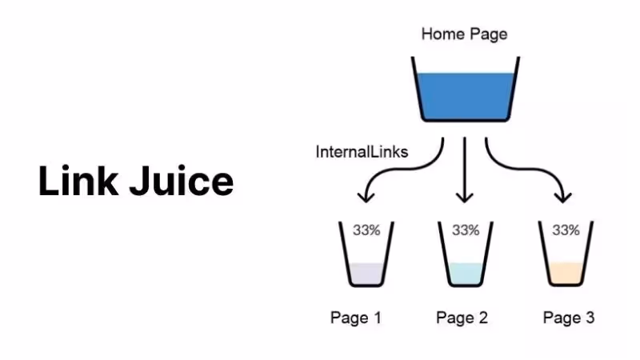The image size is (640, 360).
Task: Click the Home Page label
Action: point(464,34)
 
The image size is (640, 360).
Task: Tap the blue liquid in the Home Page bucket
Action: point(464,96)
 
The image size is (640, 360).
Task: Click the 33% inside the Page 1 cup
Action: point(366,230)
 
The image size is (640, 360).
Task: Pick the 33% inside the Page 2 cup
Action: point(466,230)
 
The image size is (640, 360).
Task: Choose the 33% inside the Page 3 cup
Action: point(566,230)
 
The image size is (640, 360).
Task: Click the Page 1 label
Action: point(356,318)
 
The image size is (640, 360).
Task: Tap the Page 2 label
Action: point(462,318)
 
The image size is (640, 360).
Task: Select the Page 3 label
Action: point(569,318)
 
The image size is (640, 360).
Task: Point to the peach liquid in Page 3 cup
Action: point(566,274)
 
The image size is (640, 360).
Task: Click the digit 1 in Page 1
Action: point(377,318)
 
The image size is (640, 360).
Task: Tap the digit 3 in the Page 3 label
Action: point(590,318)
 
